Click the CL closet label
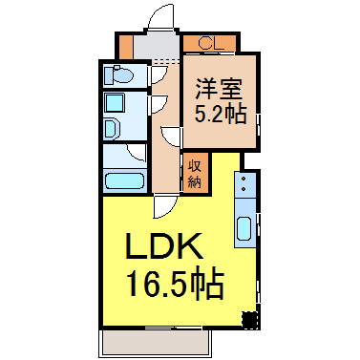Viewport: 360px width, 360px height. click(x=211, y=43)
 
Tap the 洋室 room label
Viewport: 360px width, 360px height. click(x=220, y=89)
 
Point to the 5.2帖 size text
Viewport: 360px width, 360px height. click(x=221, y=114)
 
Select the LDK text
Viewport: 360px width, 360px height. click(x=164, y=246)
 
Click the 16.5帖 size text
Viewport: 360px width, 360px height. click(x=176, y=284)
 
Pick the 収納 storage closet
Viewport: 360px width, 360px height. click(x=195, y=173)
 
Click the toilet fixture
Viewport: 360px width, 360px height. click(x=118, y=75)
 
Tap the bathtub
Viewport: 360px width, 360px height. click(x=125, y=180)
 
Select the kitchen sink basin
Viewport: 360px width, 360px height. click(x=244, y=228)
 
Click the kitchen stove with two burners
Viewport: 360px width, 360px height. click(x=244, y=185)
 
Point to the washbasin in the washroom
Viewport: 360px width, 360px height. click(x=112, y=129)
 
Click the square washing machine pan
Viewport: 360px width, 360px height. click(x=115, y=103)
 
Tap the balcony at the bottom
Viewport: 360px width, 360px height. click(x=155, y=343)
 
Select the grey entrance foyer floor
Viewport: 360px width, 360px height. click(x=157, y=46)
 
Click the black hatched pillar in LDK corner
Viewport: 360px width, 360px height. click(x=249, y=320)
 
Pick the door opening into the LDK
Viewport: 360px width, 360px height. click(x=165, y=206)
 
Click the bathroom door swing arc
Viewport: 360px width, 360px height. click(x=137, y=153)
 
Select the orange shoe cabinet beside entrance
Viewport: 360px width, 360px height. click(x=126, y=47)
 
